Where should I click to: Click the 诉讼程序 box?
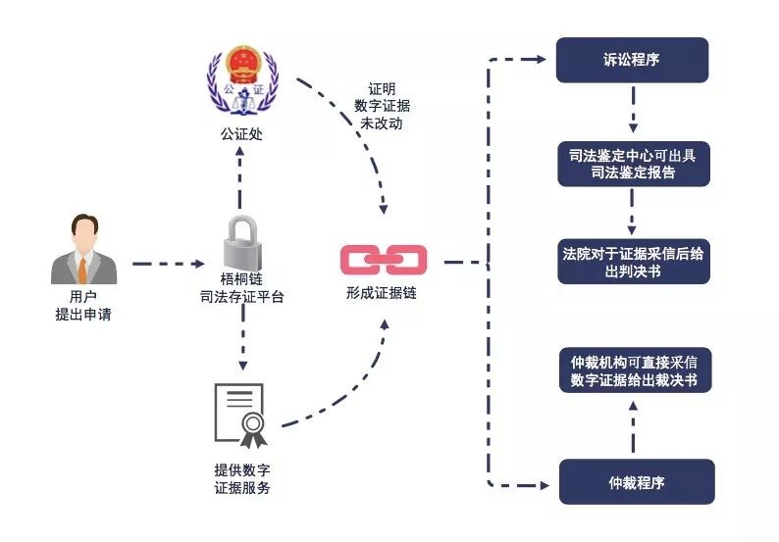click(x=632, y=60)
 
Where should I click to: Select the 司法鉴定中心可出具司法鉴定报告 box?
click(x=632, y=164)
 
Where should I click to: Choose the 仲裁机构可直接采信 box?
click(x=633, y=370)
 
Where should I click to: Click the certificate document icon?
click(x=240, y=412)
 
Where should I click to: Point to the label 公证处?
click(x=241, y=133)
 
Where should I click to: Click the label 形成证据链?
click(x=383, y=292)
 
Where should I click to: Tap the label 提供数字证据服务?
click(x=241, y=479)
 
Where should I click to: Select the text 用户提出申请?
click(x=84, y=304)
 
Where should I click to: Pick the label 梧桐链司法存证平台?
click(x=241, y=287)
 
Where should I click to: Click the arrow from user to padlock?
click(x=167, y=263)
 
